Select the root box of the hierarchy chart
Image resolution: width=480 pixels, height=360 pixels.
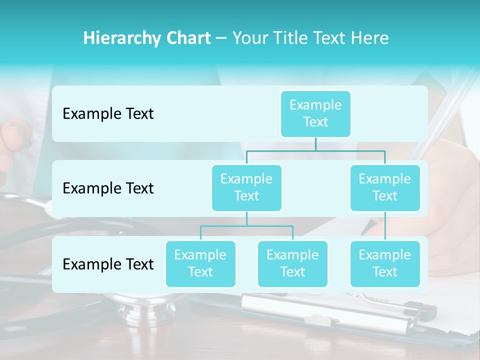[x=315, y=113]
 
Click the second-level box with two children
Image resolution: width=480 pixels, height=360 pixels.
[x=246, y=187]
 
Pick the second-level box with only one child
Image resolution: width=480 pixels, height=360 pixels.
[x=385, y=187]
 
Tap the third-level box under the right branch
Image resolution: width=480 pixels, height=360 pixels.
[x=385, y=263]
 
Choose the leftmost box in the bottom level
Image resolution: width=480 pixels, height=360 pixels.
[x=200, y=263]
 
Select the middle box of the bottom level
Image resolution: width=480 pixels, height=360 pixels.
[x=292, y=263]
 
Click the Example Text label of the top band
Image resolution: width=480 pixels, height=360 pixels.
[x=108, y=114]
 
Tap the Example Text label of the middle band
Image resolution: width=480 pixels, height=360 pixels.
[x=108, y=188]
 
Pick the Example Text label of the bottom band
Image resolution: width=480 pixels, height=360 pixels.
[x=108, y=264]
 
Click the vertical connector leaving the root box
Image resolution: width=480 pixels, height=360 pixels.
[x=315, y=144]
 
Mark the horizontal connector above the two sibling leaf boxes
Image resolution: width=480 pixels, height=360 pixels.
[x=246, y=226]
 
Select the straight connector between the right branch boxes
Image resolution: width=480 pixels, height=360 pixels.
[x=385, y=226]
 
